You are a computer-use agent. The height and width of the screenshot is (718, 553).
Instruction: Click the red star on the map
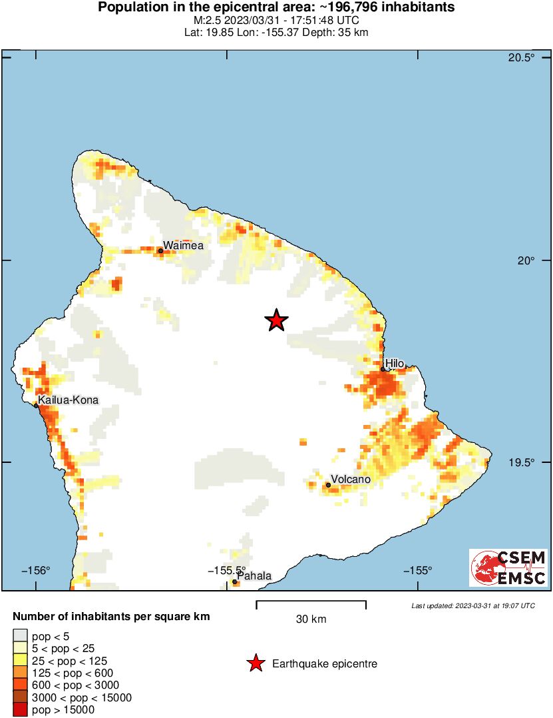click(x=276, y=320)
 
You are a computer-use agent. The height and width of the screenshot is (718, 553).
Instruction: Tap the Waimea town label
click(x=184, y=245)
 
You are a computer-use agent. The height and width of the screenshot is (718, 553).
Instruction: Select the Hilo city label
click(x=395, y=363)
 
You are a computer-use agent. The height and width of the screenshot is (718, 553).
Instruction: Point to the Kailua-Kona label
click(x=69, y=400)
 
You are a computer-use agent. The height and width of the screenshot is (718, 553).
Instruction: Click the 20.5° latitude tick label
click(x=521, y=58)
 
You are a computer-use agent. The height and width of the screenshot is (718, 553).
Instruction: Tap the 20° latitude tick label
click(x=526, y=260)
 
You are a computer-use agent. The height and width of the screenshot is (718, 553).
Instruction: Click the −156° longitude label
click(x=36, y=570)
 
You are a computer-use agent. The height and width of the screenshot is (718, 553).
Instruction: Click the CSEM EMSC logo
click(x=508, y=567)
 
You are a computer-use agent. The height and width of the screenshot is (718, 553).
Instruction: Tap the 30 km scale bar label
click(x=311, y=619)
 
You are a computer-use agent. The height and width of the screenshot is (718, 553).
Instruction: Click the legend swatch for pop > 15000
click(x=21, y=710)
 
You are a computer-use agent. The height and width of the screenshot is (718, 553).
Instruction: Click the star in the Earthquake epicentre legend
click(x=255, y=663)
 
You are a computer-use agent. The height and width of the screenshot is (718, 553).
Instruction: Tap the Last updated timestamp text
click(x=472, y=605)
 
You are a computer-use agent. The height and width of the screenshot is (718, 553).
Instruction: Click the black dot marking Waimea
click(x=160, y=251)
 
